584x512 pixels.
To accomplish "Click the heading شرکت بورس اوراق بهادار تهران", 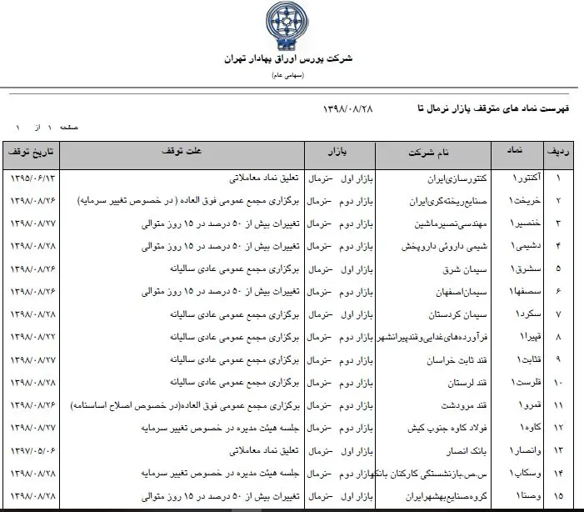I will [288, 59].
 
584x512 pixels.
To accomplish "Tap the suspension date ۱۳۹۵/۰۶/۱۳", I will [31, 178].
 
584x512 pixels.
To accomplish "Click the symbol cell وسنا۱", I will [513, 495].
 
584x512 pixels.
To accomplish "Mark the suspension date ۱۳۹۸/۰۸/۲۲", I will [31, 337].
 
